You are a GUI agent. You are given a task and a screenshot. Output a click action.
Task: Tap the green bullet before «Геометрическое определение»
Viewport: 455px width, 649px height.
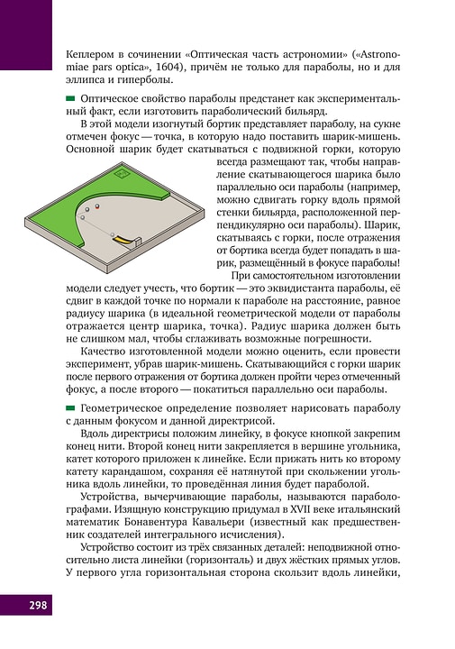[x=70, y=410]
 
